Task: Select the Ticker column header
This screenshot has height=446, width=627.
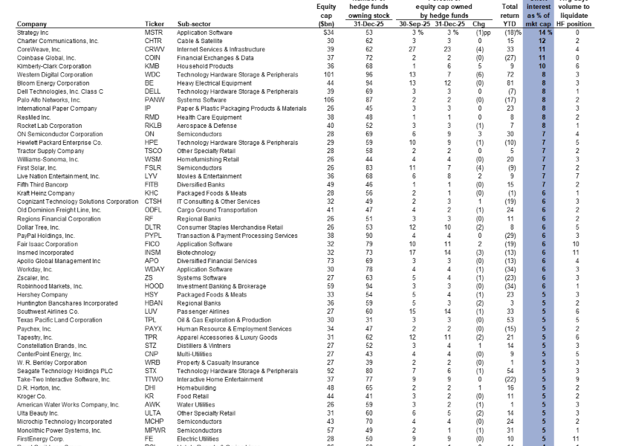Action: click(x=153, y=25)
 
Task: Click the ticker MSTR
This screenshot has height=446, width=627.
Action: click(x=154, y=33)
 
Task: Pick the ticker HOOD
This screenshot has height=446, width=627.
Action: click(x=154, y=285)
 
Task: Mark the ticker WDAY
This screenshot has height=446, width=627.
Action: click(x=155, y=269)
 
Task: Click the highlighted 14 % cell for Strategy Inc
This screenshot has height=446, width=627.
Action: click(x=540, y=33)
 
